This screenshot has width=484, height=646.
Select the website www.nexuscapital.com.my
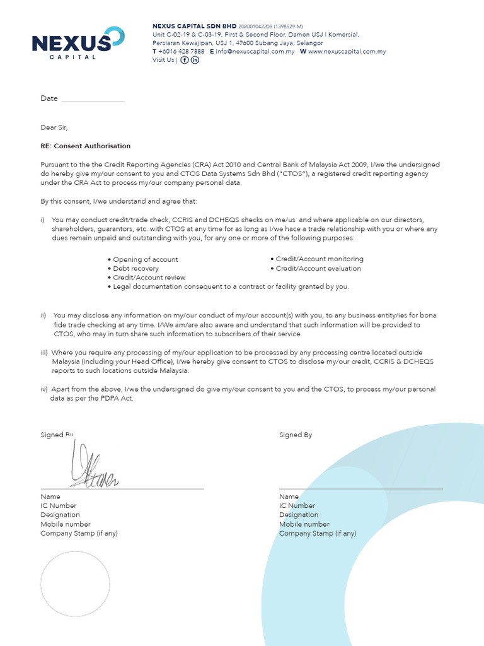tap(347, 52)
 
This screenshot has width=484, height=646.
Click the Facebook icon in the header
tap(185, 60)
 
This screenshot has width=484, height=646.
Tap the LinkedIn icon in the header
tap(195, 60)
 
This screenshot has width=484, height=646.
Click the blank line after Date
tap(93, 99)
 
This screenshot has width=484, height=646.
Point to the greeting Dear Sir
tap(54, 127)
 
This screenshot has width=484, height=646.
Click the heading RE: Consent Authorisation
tap(86, 146)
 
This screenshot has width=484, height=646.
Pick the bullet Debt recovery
tap(135, 269)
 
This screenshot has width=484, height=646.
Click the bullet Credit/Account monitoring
tap(319, 259)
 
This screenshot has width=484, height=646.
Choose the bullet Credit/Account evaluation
tap(318, 269)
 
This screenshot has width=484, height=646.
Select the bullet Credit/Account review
tap(149, 278)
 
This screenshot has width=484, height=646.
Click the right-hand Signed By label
tap(296, 435)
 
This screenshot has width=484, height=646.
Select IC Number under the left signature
tap(59, 506)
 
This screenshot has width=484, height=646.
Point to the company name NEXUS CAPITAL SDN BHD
tap(190, 26)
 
